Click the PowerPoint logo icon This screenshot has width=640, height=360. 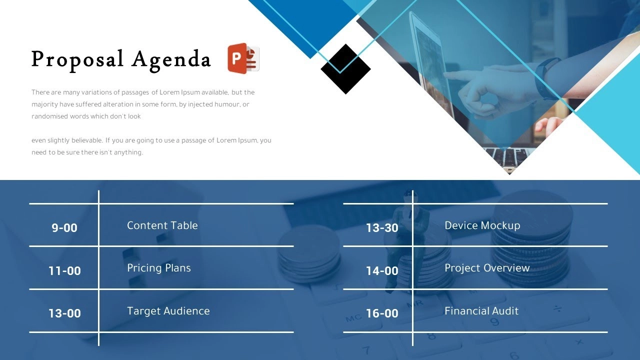(243, 58)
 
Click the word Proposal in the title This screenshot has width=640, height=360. (77, 60)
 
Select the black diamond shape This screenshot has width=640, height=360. (345, 69)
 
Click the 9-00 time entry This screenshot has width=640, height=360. (64, 227)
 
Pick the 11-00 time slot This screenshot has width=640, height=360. (64, 270)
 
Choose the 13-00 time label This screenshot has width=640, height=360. (64, 313)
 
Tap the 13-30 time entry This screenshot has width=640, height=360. (382, 227)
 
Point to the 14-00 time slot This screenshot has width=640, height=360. (382, 270)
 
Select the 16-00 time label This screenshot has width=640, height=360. (382, 313)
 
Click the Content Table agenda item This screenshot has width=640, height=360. (162, 225)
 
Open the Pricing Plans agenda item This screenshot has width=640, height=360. (159, 268)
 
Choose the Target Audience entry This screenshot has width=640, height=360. (168, 311)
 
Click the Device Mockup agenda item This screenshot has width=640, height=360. (482, 225)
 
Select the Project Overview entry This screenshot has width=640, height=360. (487, 268)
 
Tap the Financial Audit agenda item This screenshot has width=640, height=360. (481, 311)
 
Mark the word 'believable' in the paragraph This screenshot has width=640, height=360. (87, 140)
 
